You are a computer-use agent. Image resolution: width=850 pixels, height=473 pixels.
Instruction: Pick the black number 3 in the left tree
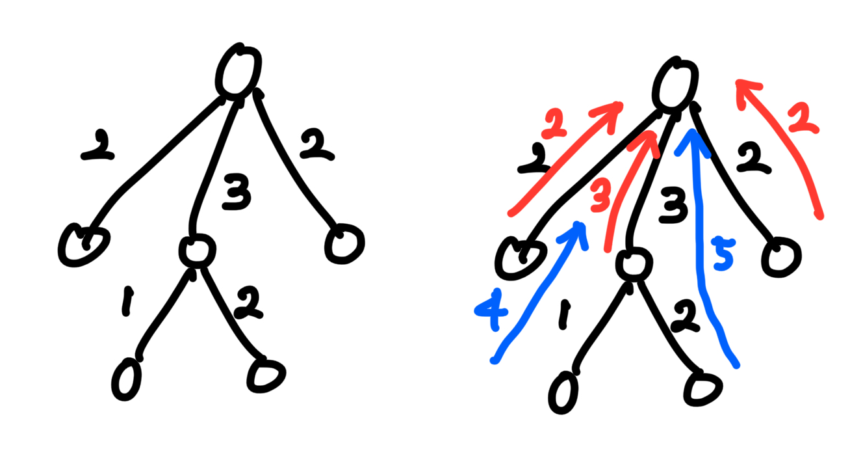click(237, 195)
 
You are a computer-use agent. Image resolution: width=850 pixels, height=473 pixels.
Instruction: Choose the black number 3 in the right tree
click(673, 208)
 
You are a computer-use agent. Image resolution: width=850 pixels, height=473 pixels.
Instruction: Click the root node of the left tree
click(238, 71)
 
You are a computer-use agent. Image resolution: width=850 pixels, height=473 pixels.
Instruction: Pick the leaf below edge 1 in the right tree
click(563, 392)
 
